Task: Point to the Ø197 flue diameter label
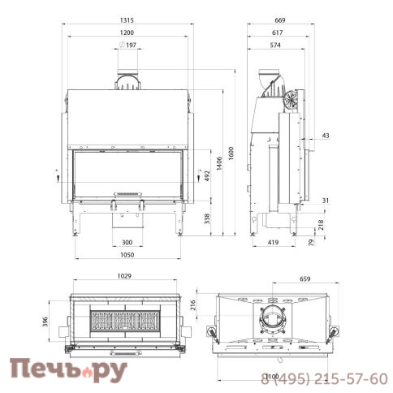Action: (128, 44)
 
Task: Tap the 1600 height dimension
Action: (231, 155)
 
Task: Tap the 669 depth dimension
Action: (278, 21)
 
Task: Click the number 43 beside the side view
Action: (325, 135)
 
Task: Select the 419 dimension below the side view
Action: (274, 242)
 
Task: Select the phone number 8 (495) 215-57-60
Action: (324, 378)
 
